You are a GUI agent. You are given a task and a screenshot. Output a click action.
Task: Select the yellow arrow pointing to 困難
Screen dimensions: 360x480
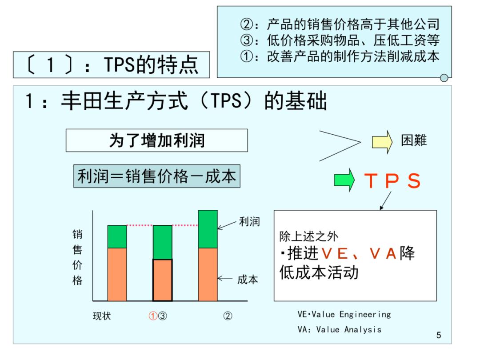pos(382,140)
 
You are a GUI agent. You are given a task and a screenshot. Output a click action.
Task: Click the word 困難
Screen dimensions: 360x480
pos(414,140)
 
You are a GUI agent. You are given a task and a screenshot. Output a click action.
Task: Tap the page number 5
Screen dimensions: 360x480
pos(439,335)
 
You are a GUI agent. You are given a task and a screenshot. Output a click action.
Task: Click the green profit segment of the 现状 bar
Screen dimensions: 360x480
pos(117,236)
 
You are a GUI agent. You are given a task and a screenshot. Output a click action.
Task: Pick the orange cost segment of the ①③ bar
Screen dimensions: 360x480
pos(162,280)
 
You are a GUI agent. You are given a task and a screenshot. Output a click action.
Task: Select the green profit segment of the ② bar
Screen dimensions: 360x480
pos(208,229)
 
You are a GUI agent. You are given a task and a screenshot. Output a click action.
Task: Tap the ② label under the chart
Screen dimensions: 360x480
pos(227,316)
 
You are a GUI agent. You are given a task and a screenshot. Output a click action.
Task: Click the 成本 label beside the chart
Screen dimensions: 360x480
pos(248,280)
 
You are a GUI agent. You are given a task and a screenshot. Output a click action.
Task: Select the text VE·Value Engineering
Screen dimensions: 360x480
pos(344,314)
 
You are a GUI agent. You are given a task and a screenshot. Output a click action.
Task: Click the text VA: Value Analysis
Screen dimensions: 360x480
pos(339,329)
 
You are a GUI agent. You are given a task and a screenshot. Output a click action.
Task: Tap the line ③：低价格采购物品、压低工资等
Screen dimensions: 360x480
pos(340,40)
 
